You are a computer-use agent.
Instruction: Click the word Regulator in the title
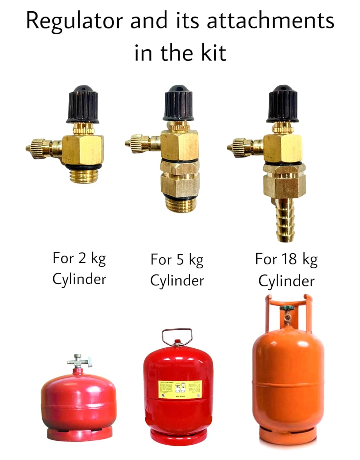point(75,21)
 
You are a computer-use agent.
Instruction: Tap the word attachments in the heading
point(270,21)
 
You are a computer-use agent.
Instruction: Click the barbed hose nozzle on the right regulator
point(285,219)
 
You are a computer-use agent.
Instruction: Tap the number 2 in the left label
point(82,258)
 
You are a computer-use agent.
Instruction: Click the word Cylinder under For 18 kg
point(286,281)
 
